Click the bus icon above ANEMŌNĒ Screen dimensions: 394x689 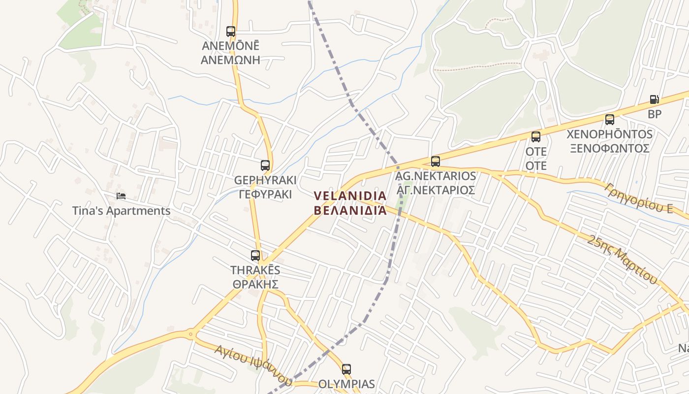[231, 32]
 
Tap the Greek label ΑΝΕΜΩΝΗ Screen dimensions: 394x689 [230, 61]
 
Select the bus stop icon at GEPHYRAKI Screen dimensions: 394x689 [265, 165]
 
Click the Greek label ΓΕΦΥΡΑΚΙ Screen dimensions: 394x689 [265, 195]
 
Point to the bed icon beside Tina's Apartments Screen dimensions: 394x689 [121, 196]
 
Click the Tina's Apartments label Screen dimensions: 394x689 [121, 211]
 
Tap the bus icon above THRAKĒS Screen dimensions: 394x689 [255, 256]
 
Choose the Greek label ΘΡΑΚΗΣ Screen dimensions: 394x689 [255, 284]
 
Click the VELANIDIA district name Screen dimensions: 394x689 [350, 196]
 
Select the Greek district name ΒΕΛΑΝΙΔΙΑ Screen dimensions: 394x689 [350, 210]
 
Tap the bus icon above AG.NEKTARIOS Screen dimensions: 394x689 [436, 161]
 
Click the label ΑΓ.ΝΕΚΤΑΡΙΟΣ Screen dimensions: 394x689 [436, 190]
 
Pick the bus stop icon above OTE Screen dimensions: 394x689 [536, 136]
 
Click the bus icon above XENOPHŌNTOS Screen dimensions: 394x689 [610, 119]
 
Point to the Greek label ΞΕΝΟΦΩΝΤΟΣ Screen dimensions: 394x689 [610, 148]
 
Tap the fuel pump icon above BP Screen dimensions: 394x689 [654, 99]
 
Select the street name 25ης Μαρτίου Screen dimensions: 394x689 [623, 260]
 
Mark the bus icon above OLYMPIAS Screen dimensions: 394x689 [346, 369]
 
